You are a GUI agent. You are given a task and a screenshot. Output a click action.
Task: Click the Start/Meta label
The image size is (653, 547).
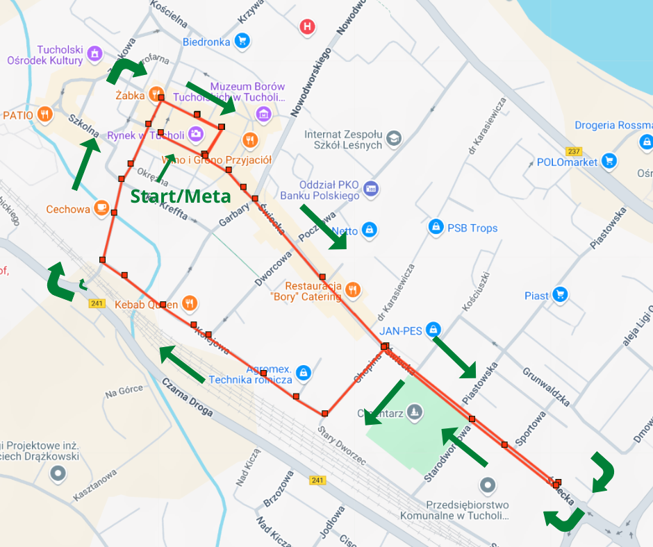tap(181, 196)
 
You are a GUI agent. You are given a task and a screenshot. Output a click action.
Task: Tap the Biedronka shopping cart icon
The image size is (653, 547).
tap(242, 42)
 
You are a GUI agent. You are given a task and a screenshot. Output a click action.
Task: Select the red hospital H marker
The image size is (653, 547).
tap(306, 27)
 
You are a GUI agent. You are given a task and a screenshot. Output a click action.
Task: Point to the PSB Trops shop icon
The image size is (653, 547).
tap(436, 227)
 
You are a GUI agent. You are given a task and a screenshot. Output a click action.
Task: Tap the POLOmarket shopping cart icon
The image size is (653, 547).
tap(609, 162)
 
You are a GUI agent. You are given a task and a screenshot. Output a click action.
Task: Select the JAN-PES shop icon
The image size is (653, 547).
tap(433, 329)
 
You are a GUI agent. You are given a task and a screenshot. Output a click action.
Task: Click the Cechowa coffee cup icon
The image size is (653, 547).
tap(102, 208)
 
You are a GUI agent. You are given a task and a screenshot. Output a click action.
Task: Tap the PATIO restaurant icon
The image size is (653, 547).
tap(45, 115)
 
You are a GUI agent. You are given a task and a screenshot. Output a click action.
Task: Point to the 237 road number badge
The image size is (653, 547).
tap(574, 151)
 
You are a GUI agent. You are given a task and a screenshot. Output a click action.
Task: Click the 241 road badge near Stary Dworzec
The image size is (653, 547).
tap(317, 480)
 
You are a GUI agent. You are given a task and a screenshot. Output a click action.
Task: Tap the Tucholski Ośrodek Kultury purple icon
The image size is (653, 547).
tap(95, 53)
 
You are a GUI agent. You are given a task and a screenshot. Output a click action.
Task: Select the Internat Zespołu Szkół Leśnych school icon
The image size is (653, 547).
tap(393, 138)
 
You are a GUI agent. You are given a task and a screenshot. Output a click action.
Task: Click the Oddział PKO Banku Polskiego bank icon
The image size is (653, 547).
tap(371, 189)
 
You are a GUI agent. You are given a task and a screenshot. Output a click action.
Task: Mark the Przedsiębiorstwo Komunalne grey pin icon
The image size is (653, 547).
tap(488, 485)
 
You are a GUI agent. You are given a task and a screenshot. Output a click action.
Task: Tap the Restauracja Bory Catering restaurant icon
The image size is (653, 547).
tap(353, 290)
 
